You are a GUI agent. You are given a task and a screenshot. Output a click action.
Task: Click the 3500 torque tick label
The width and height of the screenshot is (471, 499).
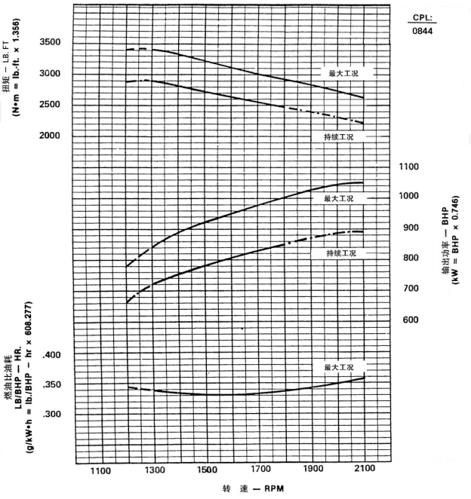52,41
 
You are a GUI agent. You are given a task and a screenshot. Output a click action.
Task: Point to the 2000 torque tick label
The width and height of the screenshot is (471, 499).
52,136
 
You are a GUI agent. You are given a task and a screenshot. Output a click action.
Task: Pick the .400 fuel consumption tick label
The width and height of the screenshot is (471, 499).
53,355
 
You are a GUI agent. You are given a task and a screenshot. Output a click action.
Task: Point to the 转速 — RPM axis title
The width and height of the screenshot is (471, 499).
254,489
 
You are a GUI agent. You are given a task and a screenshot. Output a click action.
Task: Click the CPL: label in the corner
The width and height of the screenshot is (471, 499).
423,17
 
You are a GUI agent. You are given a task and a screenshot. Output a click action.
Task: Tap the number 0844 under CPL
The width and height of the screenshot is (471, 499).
423,31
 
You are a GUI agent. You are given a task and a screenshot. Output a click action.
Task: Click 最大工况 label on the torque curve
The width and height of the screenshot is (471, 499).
342,74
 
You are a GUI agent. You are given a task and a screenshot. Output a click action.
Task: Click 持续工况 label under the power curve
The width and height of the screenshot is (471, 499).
340,253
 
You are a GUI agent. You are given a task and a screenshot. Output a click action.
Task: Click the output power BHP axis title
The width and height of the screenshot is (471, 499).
445,249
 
